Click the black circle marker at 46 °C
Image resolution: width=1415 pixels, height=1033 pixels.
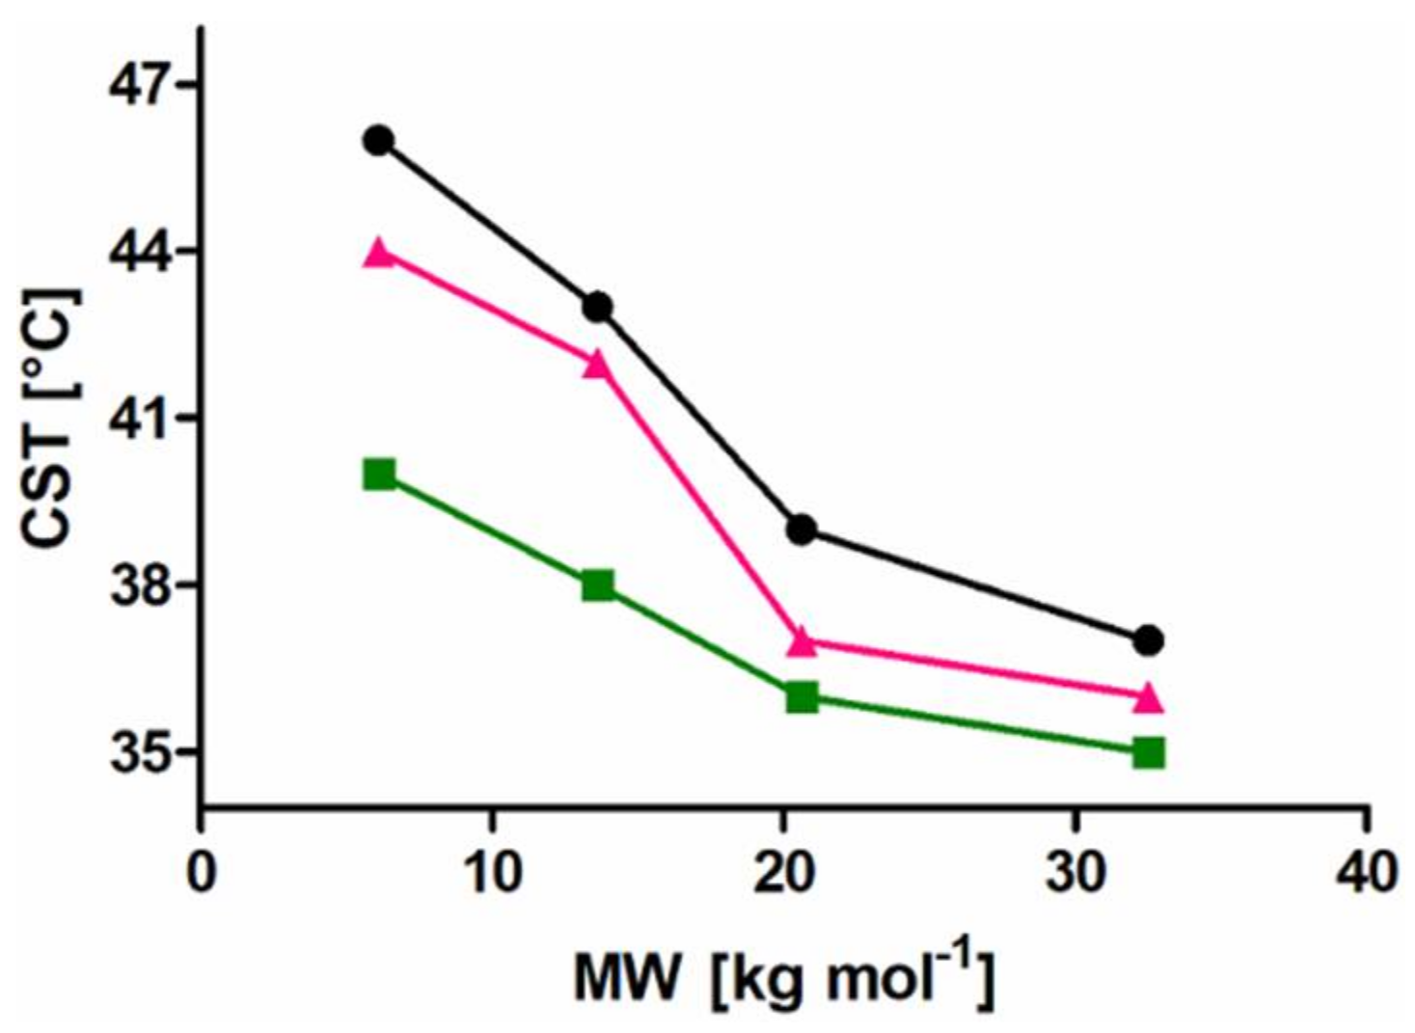pos(378,141)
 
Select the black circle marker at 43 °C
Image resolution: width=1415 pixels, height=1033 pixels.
pos(598,308)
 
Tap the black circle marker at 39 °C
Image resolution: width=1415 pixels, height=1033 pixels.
pos(802,530)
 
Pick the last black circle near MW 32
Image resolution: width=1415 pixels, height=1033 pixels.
pos(1148,640)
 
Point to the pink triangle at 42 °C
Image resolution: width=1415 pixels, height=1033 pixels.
pos(598,365)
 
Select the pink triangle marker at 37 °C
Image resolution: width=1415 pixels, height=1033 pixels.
pos(802,642)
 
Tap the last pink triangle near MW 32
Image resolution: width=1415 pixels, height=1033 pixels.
pos(1148,698)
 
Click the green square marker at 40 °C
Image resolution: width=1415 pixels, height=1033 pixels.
pos(379,475)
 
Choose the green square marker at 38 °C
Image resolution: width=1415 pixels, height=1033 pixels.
pos(598,585)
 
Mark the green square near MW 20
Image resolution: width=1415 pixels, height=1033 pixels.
pos(802,696)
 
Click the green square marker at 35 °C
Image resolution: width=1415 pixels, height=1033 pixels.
pos(1148,752)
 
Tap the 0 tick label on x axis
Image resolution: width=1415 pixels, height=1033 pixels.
pos(201,873)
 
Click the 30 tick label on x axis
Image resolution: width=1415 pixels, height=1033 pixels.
pos(1075,873)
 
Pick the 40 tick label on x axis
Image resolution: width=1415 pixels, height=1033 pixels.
pos(1367,873)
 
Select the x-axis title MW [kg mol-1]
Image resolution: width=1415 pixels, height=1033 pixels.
pos(783,976)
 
